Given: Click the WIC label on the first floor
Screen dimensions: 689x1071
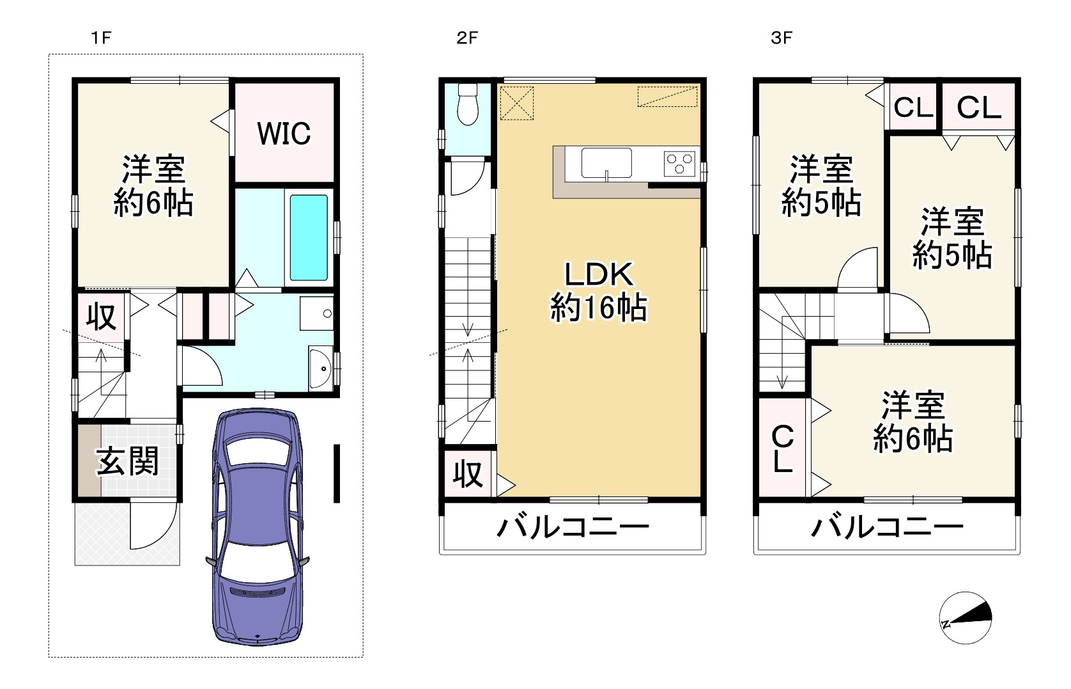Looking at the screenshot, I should (284, 133).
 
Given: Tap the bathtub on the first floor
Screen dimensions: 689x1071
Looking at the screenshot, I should (309, 237).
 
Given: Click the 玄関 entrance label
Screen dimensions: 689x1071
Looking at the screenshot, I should (128, 461).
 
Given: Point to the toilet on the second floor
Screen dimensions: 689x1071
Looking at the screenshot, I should (468, 106).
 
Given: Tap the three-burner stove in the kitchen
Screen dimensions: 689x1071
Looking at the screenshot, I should (680, 162).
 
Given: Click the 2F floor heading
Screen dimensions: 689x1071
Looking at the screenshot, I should (467, 38).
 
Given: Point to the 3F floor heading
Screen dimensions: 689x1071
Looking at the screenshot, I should (782, 38).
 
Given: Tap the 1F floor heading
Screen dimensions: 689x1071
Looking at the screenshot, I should (101, 38).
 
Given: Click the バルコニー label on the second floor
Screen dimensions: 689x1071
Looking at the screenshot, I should (573, 528).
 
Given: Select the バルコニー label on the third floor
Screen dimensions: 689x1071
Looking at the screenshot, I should (887, 528).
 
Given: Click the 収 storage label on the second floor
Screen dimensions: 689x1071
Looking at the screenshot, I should (468, 474).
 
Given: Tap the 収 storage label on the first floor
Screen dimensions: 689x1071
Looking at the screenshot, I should (101, 316).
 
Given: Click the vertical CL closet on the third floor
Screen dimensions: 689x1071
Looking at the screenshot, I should (783, 448).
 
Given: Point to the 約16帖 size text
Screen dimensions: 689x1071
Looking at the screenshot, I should (599, 308).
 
